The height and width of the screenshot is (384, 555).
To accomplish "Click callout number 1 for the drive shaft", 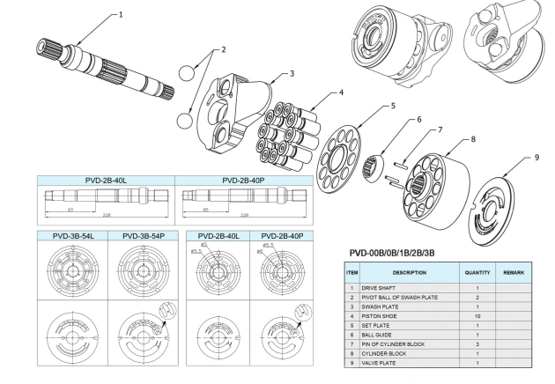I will click(x=121, y=15).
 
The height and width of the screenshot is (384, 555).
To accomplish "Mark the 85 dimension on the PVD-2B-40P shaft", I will click(x=206, y=210).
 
